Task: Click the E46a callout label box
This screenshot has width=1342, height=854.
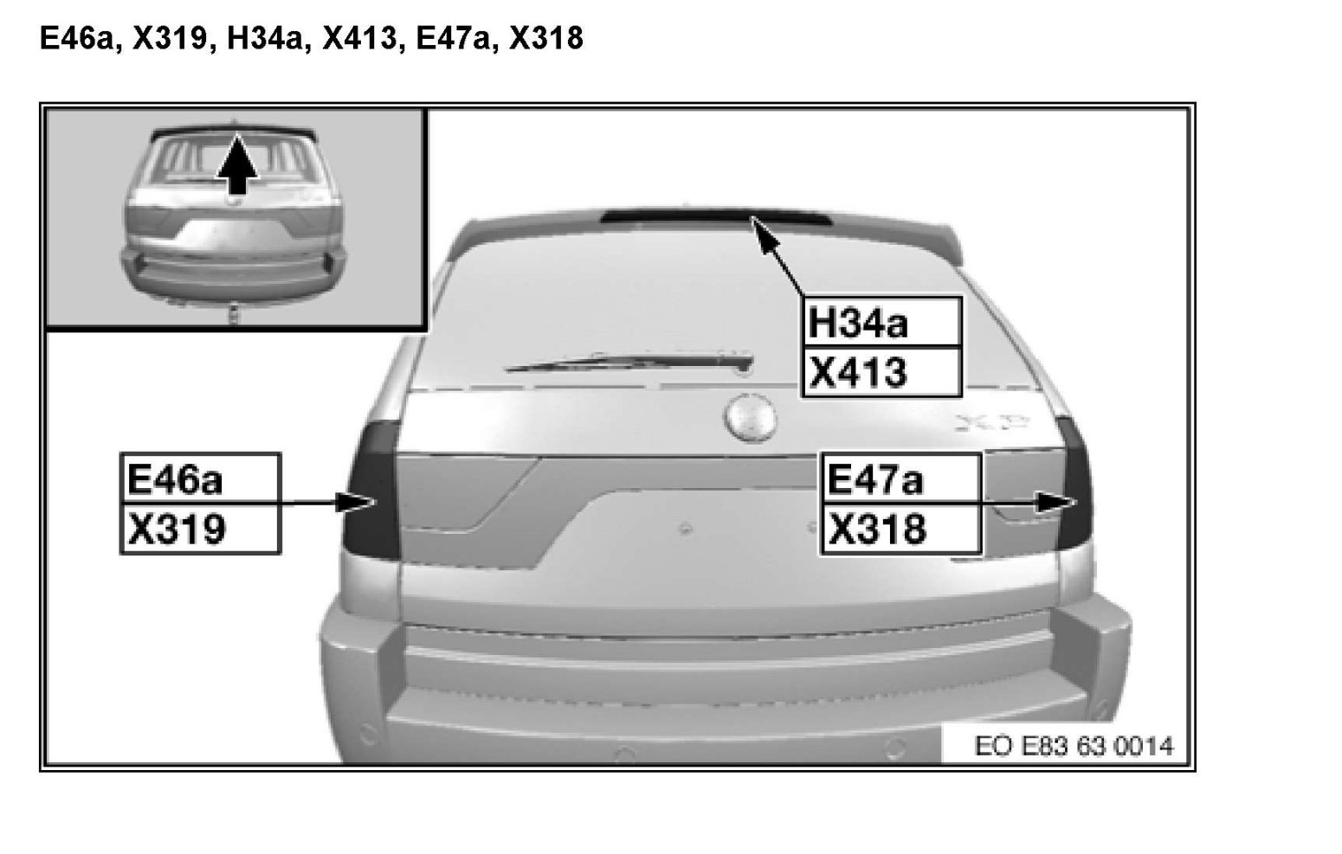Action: pos(200,478)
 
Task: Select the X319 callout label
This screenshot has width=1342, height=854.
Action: pos(200,528)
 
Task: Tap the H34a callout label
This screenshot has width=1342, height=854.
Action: pos(882,322)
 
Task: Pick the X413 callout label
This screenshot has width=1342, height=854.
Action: pos(882,371)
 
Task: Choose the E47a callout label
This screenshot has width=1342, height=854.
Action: pos(900,478)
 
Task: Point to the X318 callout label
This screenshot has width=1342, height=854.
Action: pos(900,528)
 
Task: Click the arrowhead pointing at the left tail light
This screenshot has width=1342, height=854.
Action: pos(356,502)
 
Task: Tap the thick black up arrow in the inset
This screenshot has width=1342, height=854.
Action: pos(238,164)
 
